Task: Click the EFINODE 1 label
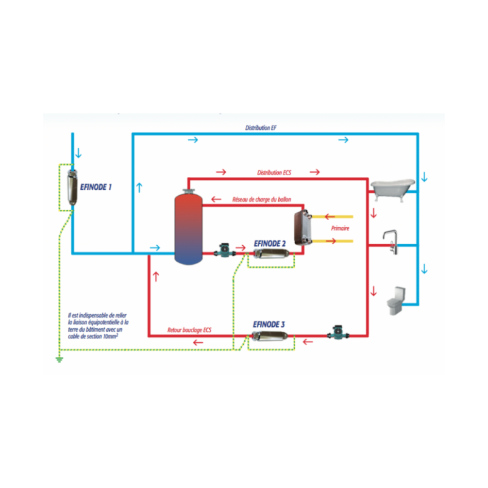click(x=96, y=187)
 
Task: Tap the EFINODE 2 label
click(x=270, y=243)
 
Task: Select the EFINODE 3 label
click(x=268, y=325)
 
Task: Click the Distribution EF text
click(x=261, y=128)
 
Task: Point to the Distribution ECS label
click(x=274, y=173)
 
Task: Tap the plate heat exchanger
click(x=303, y=228)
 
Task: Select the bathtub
click(x=393, y=189)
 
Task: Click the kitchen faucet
click(x=391, y=242)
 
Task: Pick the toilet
click(x=396, y=300)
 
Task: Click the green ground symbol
click(x=59, y=360)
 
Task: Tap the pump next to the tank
click(x=224, y=251)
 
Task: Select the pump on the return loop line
click(x=338, y=332)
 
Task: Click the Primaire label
click(x=340, y=228)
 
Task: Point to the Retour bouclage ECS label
click(x=189, y=330)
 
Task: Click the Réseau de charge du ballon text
click(x=262, y=199)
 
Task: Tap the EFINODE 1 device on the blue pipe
click(x=72, y=187)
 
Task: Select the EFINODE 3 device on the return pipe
click(x=270, y=337)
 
